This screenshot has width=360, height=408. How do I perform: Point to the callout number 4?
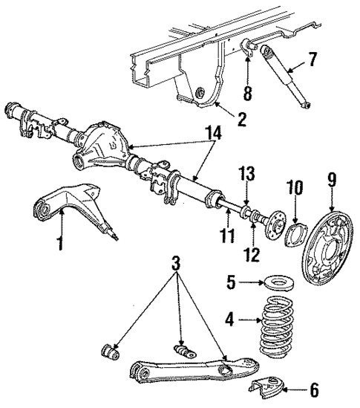(230, 321)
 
